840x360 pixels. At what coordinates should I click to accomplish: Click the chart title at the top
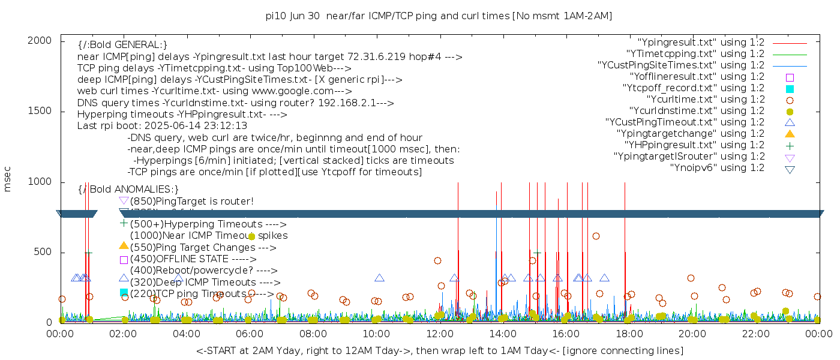tap(439, 16)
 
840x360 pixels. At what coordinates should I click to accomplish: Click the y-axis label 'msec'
tap(8, 179)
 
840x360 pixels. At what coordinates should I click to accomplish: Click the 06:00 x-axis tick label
tap(250, 334)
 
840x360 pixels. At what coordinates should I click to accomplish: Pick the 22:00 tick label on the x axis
tap(754, 334)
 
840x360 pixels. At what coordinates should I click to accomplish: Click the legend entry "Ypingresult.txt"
tap(701, 43)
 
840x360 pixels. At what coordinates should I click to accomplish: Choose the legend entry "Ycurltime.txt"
tap(705, 100)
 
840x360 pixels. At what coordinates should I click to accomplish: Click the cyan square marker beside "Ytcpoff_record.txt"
tap(790, 89)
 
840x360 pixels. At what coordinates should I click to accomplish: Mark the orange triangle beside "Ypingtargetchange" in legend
tap(790, 134)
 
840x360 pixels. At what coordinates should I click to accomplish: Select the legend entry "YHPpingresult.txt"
tap(694, 145)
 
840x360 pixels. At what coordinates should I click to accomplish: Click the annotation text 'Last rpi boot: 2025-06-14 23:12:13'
tap(162, 126)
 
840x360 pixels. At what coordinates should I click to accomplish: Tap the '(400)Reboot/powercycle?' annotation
tap(203, 271)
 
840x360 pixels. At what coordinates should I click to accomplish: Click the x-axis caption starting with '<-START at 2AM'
tap(439, 350)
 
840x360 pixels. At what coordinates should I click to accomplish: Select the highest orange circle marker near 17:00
tap(596, 236)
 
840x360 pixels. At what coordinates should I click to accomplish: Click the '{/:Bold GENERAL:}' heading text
tap(122, 45)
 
